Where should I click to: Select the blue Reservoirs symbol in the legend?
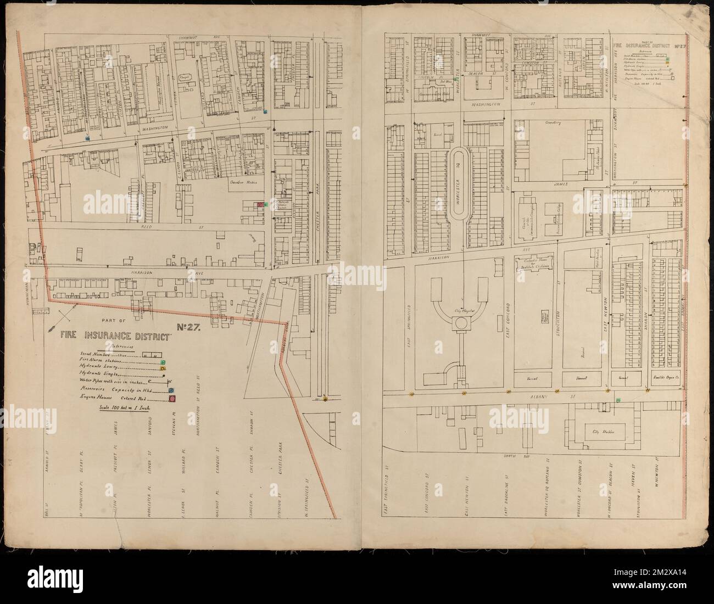point(171,390)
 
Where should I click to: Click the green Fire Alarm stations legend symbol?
point(163,362)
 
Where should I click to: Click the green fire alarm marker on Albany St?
point(618,401)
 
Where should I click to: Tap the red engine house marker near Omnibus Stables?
point(261,204)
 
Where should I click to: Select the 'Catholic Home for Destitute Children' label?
point(532,265)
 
